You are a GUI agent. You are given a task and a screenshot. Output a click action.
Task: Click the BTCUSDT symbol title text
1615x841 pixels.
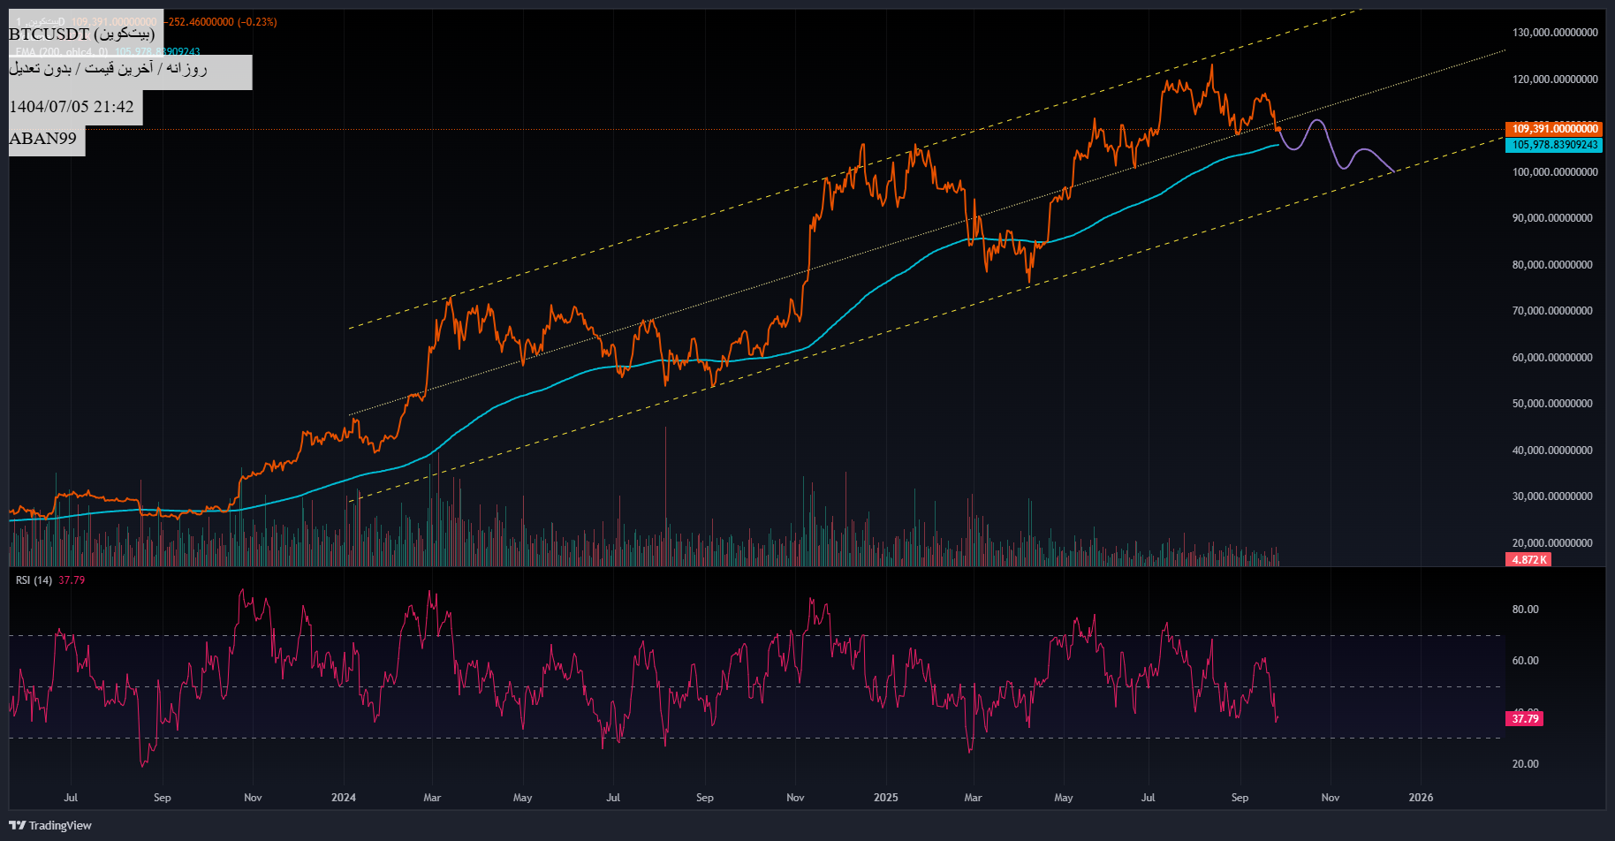tap(81, 34)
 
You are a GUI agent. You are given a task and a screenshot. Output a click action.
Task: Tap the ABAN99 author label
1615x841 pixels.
tap(42, 138)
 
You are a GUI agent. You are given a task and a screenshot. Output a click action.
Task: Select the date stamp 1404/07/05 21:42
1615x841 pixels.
tap(72, 107)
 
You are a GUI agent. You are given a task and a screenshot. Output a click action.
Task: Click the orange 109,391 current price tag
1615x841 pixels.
tap(1554, 129)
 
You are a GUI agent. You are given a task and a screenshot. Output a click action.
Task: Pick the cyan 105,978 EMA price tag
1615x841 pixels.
tap(1554, 145)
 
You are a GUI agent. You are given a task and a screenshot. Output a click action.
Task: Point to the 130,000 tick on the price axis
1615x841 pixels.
tap(1554, 33)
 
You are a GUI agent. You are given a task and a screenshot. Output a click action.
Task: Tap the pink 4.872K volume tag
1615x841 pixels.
tap(1528, 560)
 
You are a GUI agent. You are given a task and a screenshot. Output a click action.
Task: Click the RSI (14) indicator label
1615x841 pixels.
tap(34, 580)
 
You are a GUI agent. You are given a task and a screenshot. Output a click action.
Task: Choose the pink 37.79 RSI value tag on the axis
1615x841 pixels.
tap(1525, 719)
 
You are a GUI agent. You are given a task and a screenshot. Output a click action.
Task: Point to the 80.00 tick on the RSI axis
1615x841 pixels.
tap(1525, 610)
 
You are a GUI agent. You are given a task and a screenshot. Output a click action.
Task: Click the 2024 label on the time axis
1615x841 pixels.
tap(344, 798)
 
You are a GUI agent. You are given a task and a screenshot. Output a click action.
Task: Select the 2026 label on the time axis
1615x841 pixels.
tap(1421, 798)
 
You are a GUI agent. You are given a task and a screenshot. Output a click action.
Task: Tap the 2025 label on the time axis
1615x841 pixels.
tap(885, 798)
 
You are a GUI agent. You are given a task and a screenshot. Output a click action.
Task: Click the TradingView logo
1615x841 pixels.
tap(50, 825)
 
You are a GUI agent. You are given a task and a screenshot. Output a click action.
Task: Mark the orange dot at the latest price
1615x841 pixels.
tap(1278, 129)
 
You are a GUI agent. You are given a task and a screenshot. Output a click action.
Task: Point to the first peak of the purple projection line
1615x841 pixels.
tap(1317, 120)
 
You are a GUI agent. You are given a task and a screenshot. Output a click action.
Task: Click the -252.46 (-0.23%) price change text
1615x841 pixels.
tap(222, 22)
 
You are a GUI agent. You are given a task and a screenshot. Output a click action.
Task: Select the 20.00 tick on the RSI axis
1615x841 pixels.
tap(1525, 764)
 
